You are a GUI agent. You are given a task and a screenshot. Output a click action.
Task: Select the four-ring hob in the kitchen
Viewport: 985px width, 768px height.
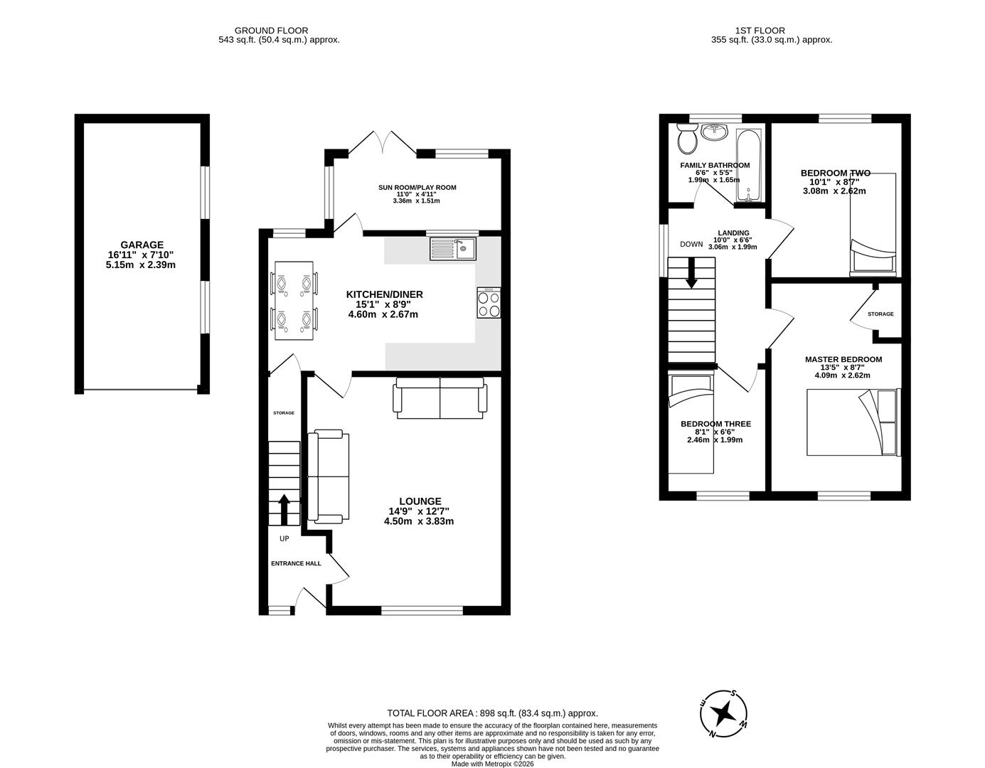click(x=489, y=304)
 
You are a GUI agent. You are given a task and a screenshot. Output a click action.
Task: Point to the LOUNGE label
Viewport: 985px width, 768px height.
click(x=420, y=501)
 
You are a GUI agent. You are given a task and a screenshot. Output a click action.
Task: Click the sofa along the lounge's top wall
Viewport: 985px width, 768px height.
click(x=440, y=399)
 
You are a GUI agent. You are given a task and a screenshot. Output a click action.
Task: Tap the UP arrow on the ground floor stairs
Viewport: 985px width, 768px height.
click(x=284, y=508)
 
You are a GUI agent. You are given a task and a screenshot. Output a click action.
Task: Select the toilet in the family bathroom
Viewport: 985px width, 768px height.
click(x=687, y=139)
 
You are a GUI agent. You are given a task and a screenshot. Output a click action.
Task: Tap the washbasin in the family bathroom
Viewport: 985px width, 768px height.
click(x=713, y=132)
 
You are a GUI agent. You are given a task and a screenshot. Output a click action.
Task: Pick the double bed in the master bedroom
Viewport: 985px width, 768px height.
click(x=853, y=422)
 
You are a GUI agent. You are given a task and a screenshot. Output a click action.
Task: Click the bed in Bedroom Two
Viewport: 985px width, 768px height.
click(x=873, y=224)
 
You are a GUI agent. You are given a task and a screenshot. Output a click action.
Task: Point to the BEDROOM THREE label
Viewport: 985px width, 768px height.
click(x=715, y=424)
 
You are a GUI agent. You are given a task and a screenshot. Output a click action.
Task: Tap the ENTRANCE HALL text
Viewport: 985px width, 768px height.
click(x=296, y=563)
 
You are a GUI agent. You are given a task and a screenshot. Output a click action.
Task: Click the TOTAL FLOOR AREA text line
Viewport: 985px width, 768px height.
click(x=492, y=713)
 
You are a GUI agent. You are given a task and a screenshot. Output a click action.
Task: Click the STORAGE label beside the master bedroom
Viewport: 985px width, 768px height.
click(x=880, y=314)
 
